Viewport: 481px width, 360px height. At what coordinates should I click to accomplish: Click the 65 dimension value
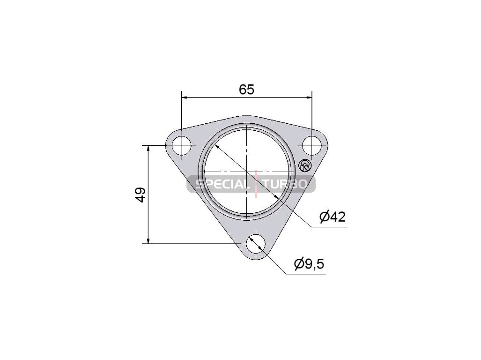pyautogui.click(x=247, y=90)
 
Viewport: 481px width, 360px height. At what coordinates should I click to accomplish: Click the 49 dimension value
pyautogui.click(x=140, y=195)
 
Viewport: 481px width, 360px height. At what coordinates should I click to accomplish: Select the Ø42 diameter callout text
pyautogui.click(x=333, y=217)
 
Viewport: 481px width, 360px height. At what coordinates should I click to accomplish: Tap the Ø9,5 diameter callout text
pyautogui.click(x=309, y=263)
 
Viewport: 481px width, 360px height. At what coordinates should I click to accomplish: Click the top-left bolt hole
pyautogui.click(x=182, y=145)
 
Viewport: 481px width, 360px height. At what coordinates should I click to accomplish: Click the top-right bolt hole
pyautogui.click(x=312, y=145)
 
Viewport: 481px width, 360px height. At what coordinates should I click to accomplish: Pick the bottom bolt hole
pyautogui.click(x=256, y=244)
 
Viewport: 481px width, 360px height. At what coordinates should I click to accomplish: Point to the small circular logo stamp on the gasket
pyautogui.click(x=305, y=166)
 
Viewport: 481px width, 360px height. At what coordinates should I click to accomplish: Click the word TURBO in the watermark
pyautogui.click(x=285, y=184)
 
